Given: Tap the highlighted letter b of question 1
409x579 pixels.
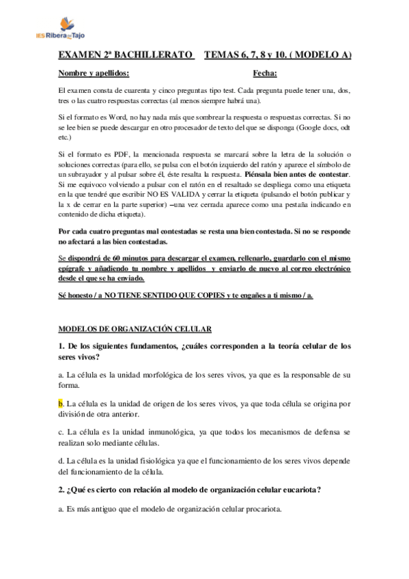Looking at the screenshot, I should tap(60, 403).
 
